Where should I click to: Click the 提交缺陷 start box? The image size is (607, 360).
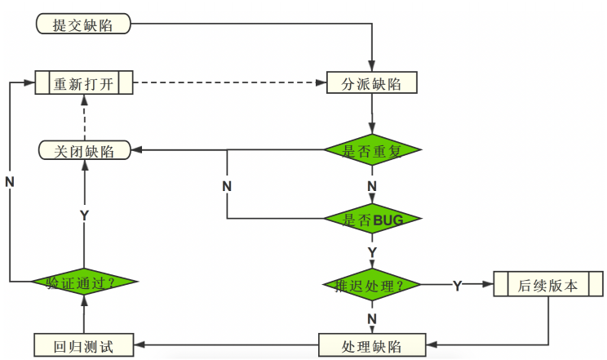pos(83,24)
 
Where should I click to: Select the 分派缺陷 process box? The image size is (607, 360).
pos(373,83)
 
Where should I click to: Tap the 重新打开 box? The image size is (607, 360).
pos(84,83)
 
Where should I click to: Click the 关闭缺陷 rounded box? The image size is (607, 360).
pos(84,150)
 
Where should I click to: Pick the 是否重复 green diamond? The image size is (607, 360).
pos(372,150)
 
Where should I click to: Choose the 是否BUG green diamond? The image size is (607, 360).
pos(373,219)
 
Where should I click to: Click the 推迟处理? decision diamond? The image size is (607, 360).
pos(372,286)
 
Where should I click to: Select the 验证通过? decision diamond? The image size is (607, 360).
pos(84,282)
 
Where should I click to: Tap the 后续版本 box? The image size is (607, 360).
pos(547,286)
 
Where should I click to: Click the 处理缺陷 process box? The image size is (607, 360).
pos(372,344)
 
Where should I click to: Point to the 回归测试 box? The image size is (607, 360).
pos(84,344)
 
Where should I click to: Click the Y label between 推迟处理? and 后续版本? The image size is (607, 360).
pos(457,286)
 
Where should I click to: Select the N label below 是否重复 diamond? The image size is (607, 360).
pos(372,186)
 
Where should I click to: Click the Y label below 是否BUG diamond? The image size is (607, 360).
pos(372,251)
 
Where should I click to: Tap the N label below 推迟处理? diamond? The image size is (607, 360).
pos(372,318)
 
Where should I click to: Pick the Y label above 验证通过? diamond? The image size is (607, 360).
pos(84,214)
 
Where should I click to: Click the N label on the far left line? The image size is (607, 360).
pos(10,181)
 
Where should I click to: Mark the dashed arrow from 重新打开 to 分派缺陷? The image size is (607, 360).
pos(228,83)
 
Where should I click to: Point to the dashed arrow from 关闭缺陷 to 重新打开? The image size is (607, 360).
pos(84,118)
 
